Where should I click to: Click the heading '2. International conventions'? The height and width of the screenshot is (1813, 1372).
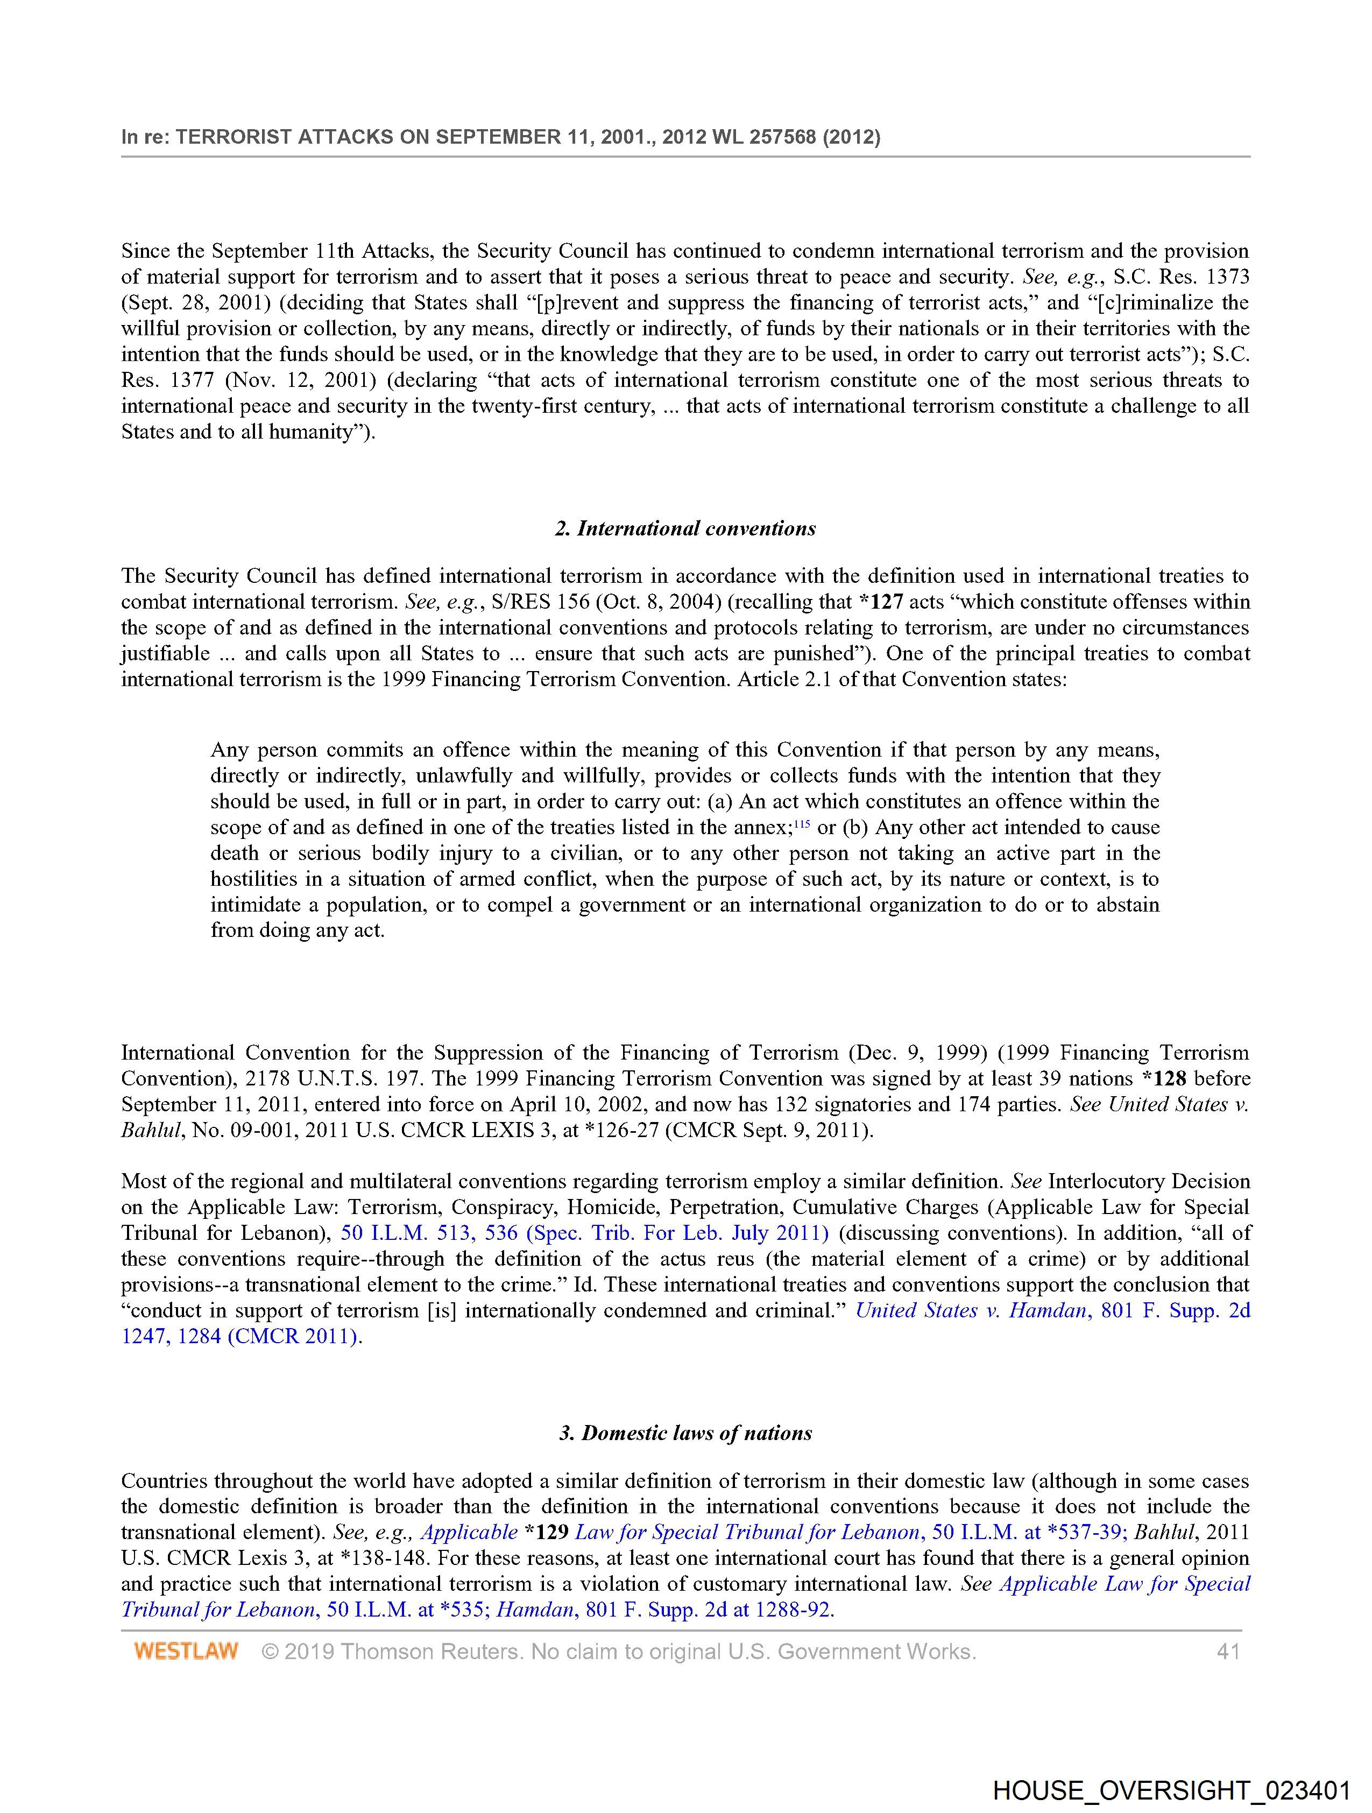[685, 528]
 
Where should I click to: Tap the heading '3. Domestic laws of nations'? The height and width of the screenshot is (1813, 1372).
[685, 1433]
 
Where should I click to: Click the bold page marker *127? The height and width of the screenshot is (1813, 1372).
[880, 602]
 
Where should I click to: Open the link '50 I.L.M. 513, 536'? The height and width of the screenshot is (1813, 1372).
[429, 1233]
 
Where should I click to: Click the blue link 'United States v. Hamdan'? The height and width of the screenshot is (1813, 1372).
[971, 1310]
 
